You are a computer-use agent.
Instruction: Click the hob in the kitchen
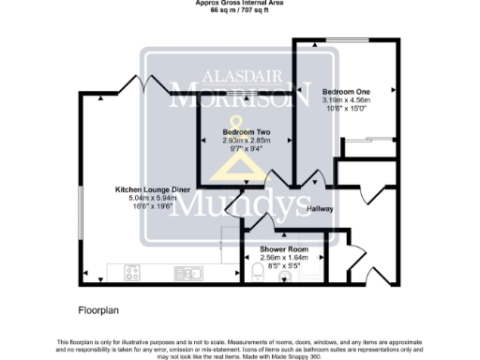132,275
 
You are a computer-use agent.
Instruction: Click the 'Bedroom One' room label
346,91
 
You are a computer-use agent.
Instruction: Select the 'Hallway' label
321,209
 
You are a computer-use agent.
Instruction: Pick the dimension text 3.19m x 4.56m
346,99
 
